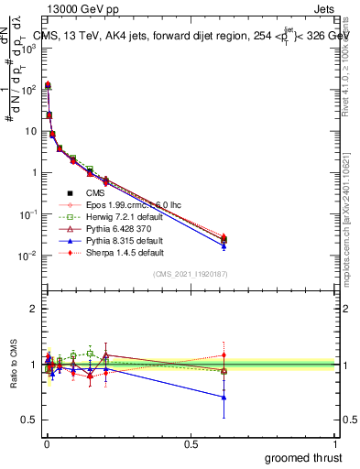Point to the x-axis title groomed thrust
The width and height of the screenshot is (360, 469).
[303, 457]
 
